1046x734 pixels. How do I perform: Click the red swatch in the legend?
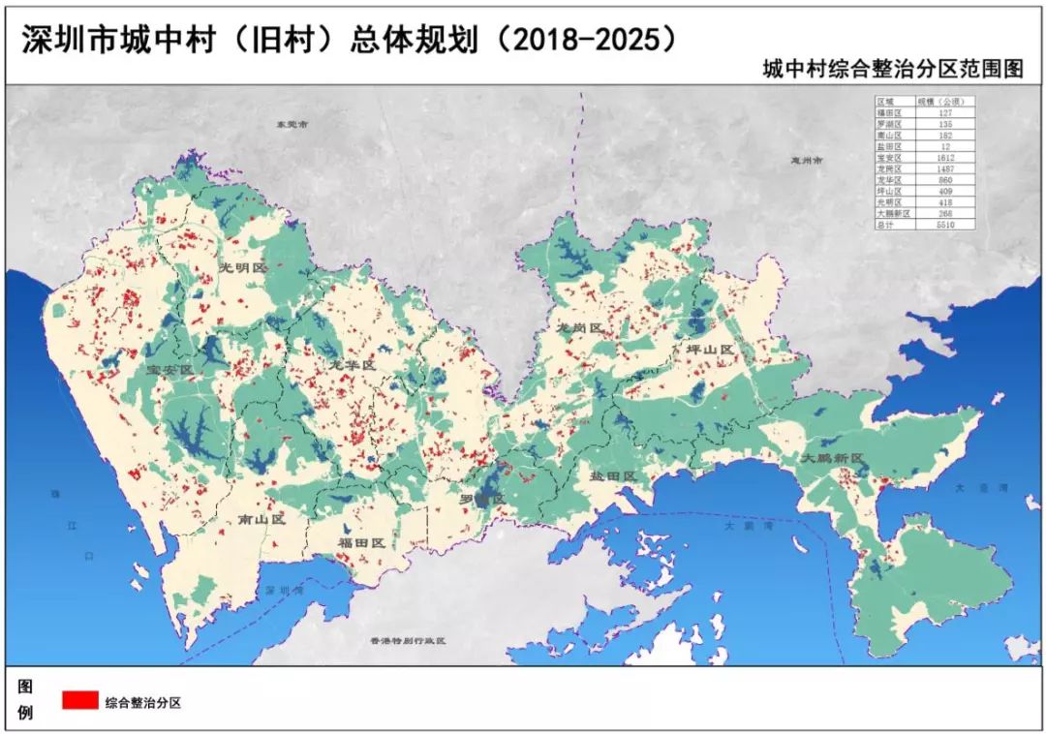click(79, 700)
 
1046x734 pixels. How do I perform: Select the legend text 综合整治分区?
click(143, 702)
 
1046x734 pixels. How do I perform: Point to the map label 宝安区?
click(170, 371)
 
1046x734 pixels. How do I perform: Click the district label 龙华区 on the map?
click(352, 364)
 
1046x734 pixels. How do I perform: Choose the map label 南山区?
click(262, 519)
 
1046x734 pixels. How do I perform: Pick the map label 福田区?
click(361, 543)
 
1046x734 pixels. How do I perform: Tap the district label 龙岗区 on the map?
click(579, 328)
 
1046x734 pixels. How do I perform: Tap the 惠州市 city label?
click(806, 160)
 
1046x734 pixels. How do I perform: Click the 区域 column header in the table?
click(887, 102)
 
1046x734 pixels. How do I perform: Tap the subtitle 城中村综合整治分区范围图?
click(891, 70)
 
